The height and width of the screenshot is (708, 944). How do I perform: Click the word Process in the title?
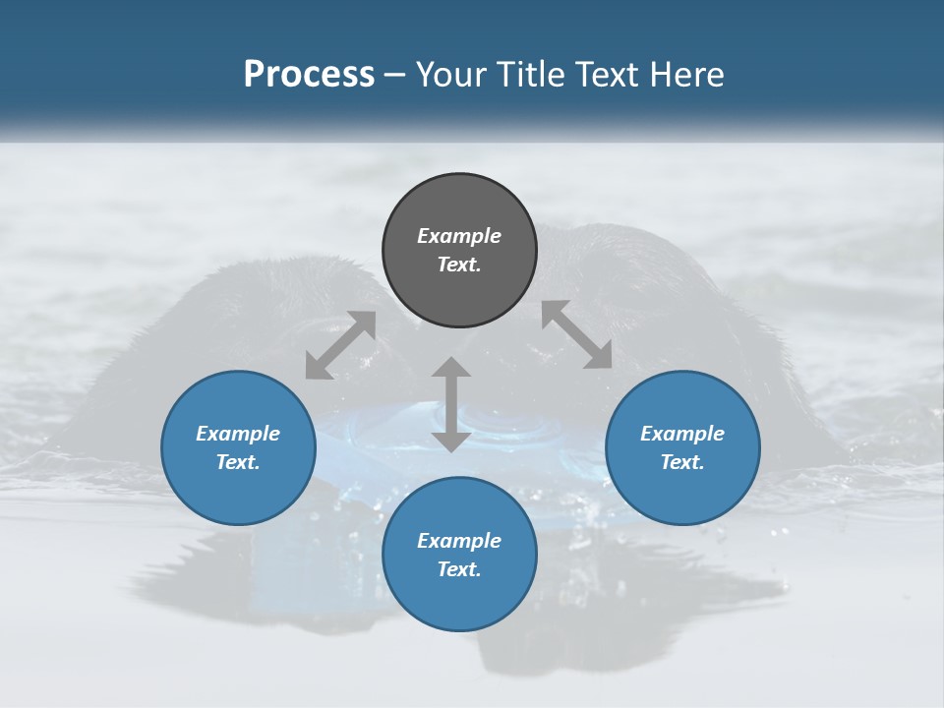click(309, 75)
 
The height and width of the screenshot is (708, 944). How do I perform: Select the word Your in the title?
click(450, 75)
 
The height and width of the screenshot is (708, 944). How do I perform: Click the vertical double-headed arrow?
click(451, 404)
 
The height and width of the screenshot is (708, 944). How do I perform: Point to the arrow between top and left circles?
click(340, 345)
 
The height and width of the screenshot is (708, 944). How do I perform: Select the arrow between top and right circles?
click(576, 334)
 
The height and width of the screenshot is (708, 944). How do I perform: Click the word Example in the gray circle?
click(459, 236)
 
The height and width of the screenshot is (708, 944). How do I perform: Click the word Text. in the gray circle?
click(459, 265)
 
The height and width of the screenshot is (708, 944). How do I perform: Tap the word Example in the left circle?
click(238, 434)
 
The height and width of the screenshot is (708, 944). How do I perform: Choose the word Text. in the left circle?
click(238, 462)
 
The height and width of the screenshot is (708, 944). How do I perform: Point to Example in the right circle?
click(682, 434)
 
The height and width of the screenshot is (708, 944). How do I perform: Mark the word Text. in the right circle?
click(682, 462)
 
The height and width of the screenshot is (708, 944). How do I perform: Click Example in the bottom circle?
click(459, 541)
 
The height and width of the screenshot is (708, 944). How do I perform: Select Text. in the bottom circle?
click(459, 569)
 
